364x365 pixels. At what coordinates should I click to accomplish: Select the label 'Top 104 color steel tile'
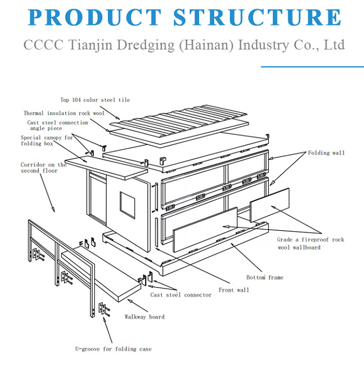click(95, 100)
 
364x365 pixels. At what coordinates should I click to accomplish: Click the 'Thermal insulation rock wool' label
click(64, 113)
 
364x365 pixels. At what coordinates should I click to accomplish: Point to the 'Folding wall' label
click(326, 153)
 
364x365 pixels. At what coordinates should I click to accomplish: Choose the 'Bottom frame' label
click(264, 277)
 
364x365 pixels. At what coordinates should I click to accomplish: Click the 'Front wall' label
click(233, 290)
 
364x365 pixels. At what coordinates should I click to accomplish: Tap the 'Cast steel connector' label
click(181, 295)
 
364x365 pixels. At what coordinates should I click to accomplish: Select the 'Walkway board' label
click(144, 317)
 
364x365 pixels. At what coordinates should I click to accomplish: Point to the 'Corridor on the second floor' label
click(43, 168)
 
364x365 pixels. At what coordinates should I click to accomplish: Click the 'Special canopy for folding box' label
click(47, 140)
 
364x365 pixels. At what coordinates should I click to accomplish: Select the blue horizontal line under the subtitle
click(312, 66)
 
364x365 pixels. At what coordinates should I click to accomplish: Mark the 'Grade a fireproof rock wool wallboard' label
click(310, 243)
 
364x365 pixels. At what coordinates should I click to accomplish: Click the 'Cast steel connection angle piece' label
click(57, 125)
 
